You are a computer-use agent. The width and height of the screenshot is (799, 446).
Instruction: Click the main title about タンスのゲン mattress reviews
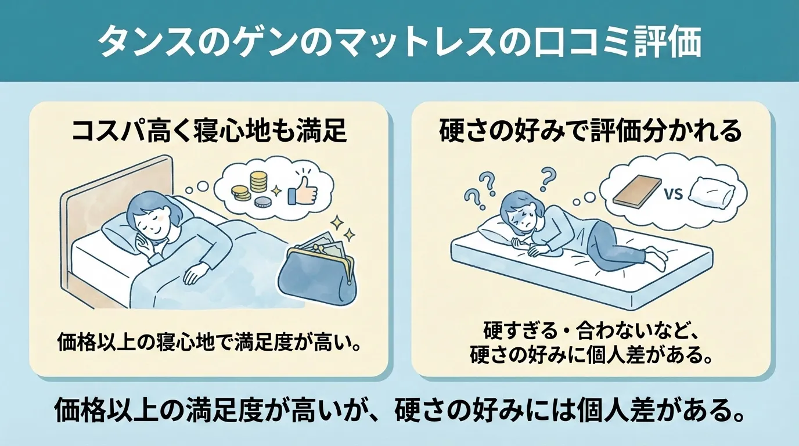pos(399,42)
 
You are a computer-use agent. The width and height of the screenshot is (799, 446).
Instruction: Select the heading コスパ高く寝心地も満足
pos(208,132)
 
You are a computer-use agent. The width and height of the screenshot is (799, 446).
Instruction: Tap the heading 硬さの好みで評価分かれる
pos(591,132)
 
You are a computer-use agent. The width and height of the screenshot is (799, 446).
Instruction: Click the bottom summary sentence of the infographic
pos(399,411)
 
